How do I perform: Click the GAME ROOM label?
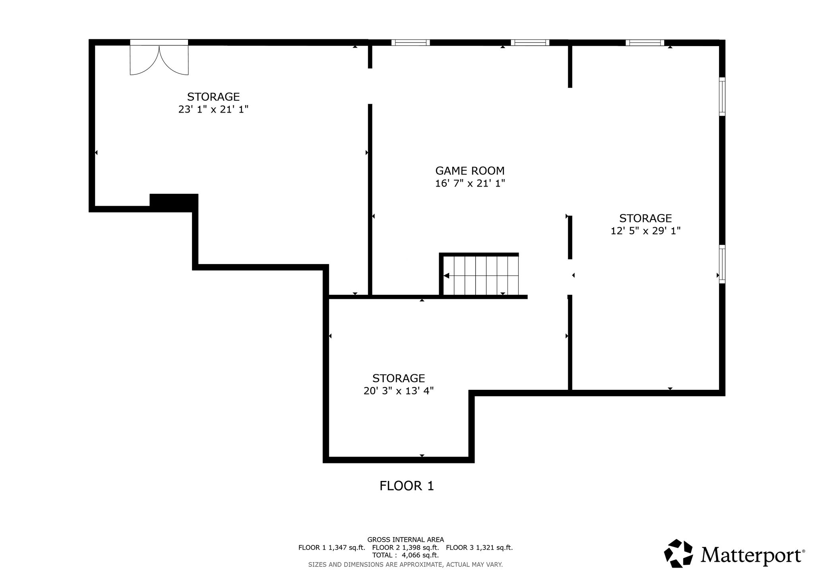click(470, 171)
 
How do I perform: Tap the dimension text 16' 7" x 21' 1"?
click(470, 183)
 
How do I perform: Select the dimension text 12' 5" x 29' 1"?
click(645, 231)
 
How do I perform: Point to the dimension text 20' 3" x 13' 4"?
click(398, 391)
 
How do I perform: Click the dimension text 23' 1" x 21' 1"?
click(213, 109)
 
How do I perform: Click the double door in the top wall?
click(159, 57)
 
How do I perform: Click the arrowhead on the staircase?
click(446, 275)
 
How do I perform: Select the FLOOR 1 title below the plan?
click(407, 486)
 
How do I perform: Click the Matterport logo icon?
click(679, 553)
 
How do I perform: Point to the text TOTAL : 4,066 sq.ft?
click(405, 555)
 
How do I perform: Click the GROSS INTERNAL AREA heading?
click(405, 540)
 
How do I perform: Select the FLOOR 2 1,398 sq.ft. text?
click(405, 547)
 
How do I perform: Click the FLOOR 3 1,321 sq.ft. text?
click(479, 547)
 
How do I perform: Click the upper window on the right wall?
click(722, 97)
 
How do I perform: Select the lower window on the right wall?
click(722, 264)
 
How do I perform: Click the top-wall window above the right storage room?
click(645, 43)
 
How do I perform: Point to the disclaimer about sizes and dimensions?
click(405, 564)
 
